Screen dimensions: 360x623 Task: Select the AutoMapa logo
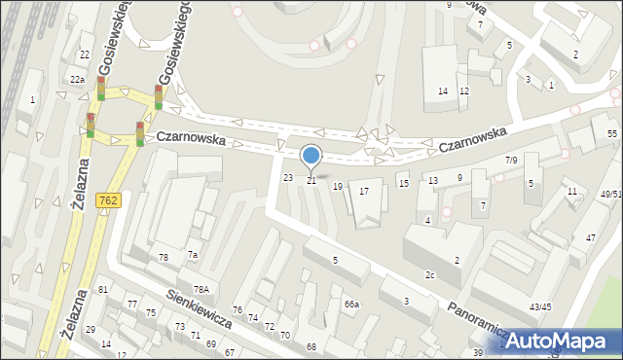561,342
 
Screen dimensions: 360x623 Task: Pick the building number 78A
201,289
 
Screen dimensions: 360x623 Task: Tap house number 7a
193,255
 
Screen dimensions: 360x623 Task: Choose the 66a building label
351,305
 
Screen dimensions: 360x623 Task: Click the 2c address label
429,275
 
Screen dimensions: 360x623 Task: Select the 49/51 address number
610,195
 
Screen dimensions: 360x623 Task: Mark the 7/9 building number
511,160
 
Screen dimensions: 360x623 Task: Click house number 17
364,192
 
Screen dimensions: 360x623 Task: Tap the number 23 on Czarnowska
287,177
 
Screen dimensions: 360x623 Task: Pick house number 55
612,132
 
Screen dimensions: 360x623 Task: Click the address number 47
590,237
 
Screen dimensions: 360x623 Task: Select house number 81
103,290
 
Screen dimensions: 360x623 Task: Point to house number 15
403,184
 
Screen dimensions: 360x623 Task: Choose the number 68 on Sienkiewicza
311,346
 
